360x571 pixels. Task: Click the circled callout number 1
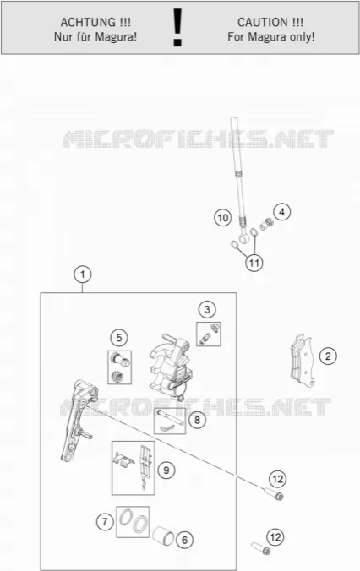point(83,275)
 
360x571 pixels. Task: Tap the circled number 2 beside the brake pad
point(328,356)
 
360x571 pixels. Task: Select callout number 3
point(207,309)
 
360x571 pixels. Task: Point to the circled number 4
point(281,212)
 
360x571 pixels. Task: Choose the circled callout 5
point(119,338)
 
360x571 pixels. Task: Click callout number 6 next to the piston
point(184,540)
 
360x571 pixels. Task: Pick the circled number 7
point(105,522)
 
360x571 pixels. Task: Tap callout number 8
point(197,420)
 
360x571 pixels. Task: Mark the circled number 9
point(166,470)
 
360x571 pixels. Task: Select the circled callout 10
point(222,218)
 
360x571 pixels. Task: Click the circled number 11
point(254,263)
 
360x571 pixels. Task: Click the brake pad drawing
point(302,360)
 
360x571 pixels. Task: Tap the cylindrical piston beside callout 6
point(163,536)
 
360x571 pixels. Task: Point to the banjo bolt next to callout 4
point(266,225)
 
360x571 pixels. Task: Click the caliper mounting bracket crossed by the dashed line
point(77,419)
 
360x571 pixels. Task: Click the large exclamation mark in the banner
point(177,27)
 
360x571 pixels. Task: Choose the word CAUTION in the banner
point(262,23)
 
